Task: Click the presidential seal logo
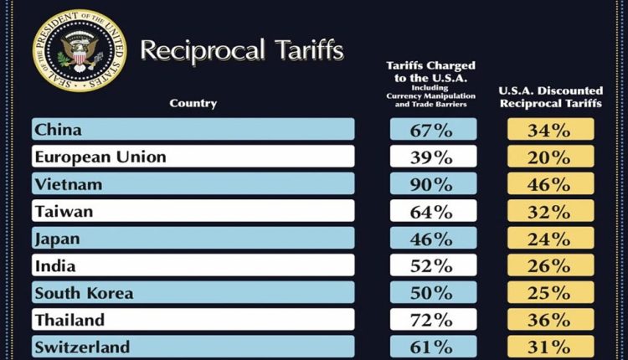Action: click(79, 51)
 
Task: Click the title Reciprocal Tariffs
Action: click(241, 50)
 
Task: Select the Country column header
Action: click(193, 104)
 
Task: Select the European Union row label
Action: click(100, 157)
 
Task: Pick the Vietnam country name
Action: click(69, 183)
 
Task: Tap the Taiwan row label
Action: click(64, 211)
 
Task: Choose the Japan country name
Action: click(57, 239)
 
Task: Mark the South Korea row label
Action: click(84, 293)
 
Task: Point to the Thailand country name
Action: click(69, 320)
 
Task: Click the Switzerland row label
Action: click(82, 347)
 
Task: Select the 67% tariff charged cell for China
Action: click(433, 129)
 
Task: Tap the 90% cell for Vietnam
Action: click(433, 183)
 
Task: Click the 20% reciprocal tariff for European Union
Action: click(550, 157)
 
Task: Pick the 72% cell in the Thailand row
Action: click(433, 320)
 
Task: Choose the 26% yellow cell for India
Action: click(550, 266)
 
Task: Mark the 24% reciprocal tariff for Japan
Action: click(550, 239)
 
